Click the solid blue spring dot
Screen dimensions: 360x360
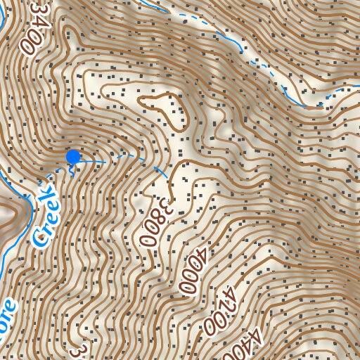tap(72, 157)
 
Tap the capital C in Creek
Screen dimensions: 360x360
tap(41, 237)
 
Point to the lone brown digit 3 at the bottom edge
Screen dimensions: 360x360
tap(82, 350)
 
